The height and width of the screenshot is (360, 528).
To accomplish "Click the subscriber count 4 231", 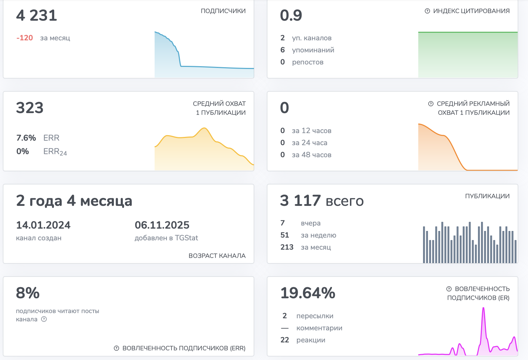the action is click(37, 15).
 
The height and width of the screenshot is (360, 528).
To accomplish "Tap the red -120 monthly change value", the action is click(25, 38).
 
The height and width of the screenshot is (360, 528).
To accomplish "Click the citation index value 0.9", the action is click(291, 15).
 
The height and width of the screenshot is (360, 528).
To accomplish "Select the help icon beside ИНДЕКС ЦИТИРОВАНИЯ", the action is click(427, 11).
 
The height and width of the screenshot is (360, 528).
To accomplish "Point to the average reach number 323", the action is click(30, 108).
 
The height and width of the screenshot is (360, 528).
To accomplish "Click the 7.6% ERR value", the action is click(26, 138).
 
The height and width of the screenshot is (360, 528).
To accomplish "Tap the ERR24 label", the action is click(55, 151).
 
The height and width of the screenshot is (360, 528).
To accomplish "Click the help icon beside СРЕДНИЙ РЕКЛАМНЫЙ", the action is click(431, 104).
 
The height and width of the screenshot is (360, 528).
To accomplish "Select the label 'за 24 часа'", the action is click(310, 142).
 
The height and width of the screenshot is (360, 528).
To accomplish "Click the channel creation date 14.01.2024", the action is click(43, 225).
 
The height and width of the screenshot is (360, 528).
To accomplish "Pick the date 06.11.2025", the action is click(162, 225).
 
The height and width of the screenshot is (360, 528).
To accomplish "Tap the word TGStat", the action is click(186, 238).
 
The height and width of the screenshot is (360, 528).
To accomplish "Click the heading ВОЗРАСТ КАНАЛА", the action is click(217, 256).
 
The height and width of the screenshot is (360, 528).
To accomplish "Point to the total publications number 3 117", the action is click(300, 200).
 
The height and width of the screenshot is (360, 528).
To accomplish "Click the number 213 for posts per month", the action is click(287, 247).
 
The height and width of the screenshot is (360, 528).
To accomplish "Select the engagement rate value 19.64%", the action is click(307, 293).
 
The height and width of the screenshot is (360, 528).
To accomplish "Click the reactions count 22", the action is click(285, 340).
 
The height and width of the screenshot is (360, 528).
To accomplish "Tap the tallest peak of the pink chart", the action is click(483, 308).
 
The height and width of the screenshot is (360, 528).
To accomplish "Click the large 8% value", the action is click(28, 293).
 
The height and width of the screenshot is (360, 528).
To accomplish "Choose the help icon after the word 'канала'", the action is click(44, 319).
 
